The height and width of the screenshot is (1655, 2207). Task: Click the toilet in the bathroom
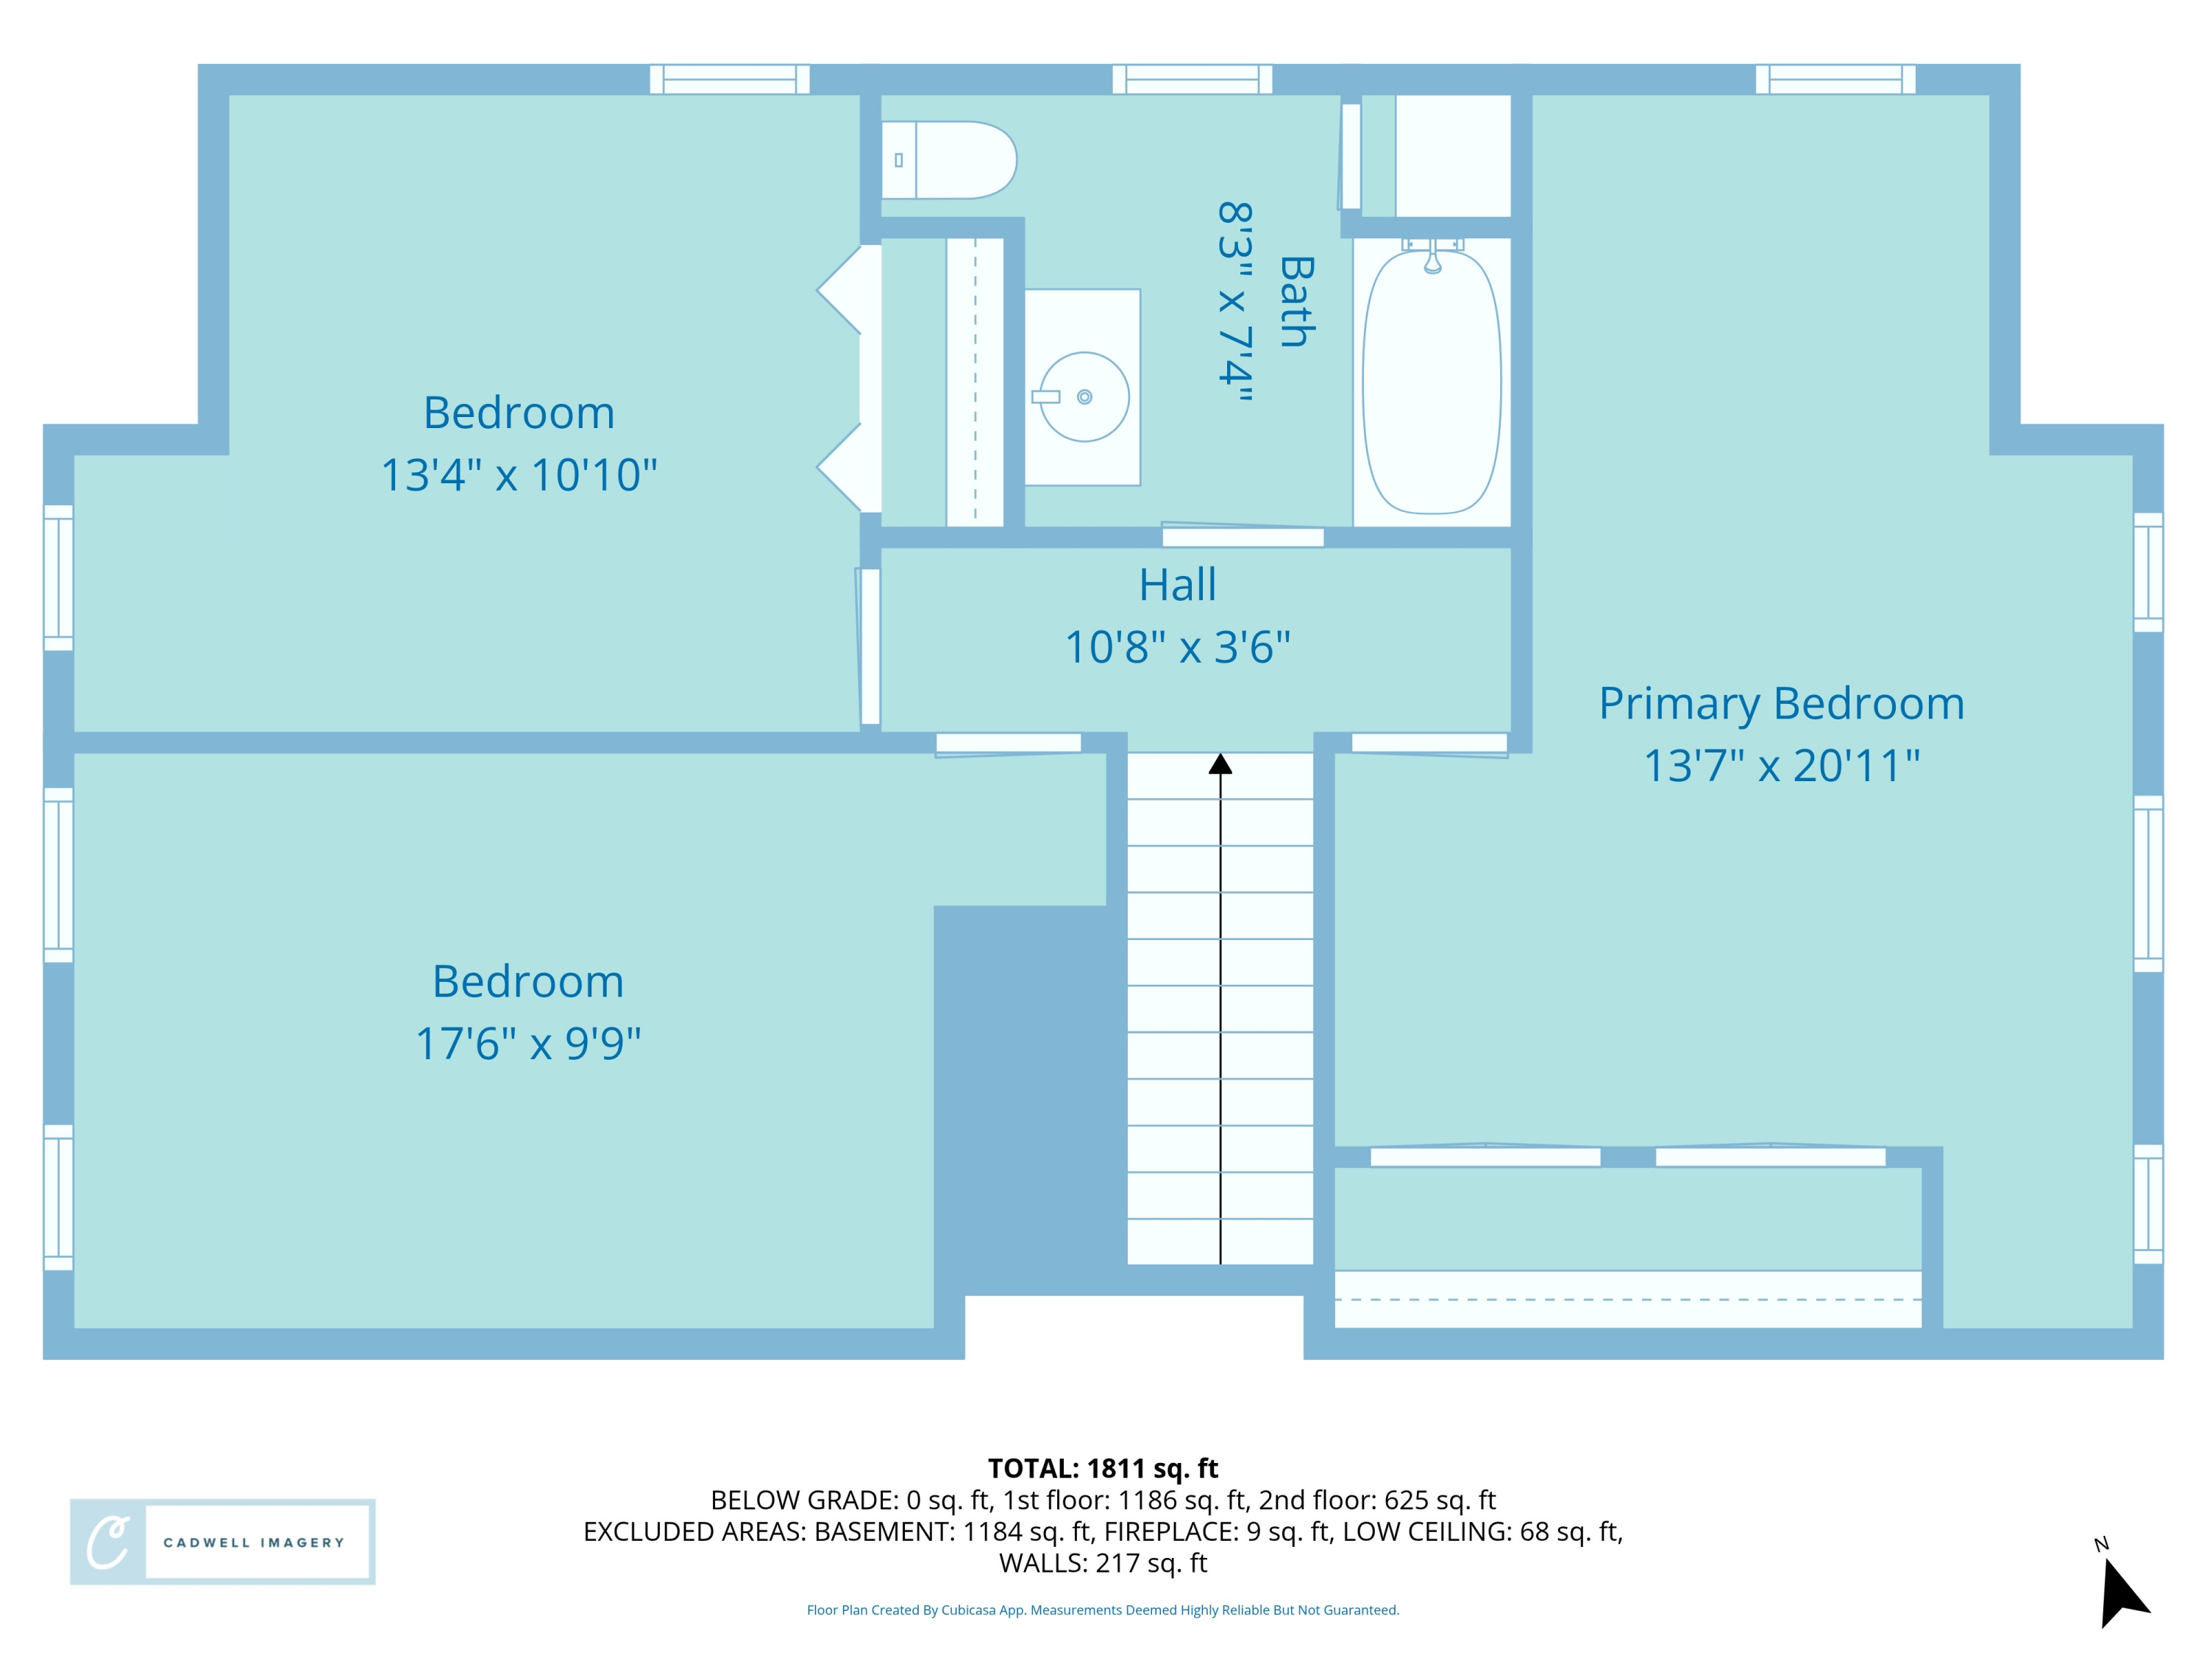click(x=948, y=160)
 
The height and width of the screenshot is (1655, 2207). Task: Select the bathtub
click(x=1432, y=382)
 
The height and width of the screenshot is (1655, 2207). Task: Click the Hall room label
click(x=1177, y=585)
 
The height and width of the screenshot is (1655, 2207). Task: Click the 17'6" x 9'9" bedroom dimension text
click(x=527, y=1044)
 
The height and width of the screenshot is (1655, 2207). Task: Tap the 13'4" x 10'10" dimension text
click(x=519, y=475)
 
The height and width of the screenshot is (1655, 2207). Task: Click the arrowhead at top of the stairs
click(x=1220, y=764)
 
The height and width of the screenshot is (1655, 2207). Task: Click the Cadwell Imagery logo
click(x=222, y=1541)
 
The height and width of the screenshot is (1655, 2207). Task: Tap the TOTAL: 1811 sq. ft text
click(x=1103, y=1468)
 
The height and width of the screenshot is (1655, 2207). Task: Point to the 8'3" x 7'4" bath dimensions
click(x=1235, y=302)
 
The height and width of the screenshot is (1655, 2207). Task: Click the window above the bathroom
click(x=1193, y=79)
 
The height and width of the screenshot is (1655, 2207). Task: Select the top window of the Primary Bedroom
click(x=1835, y=79)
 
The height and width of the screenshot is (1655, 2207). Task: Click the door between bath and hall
click(x=1243, y=537)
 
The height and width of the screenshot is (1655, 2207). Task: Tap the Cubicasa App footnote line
click(x=1103, y=1609)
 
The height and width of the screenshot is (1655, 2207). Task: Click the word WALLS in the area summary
click(x=1042, y=1563)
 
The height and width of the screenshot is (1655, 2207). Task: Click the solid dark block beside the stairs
click(x=1028, y=1087)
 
